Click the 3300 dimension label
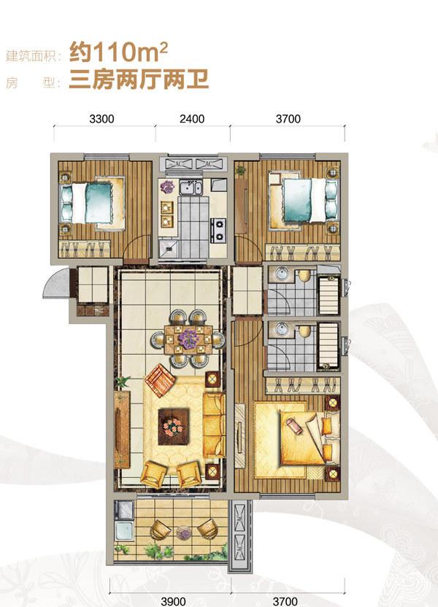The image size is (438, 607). pos(101,119)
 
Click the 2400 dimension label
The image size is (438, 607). pos(192,119)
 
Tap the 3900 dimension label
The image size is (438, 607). pos(173,601)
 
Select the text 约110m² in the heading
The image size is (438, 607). pos(118,53)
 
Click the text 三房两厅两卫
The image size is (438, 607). pos(139,80)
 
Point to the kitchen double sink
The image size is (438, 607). pos(190,188)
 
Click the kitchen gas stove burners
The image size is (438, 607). pos(218,231)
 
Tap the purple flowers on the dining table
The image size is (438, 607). pos(188,339)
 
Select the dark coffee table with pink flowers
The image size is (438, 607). pos(174,426)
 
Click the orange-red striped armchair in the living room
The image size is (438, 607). pos(160,380)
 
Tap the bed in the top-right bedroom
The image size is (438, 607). pos(304,200)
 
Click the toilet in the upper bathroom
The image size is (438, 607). pos(304,276)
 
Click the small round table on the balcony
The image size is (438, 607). pos(183,533)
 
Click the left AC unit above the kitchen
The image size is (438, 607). pos(178,163)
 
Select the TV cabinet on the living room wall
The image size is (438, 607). pos(122,429)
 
